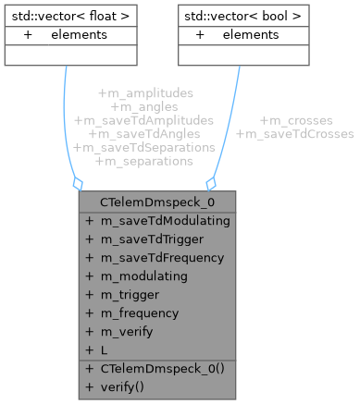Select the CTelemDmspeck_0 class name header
(144, 202)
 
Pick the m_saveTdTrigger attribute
(147, 239)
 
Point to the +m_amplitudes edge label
(144, 93)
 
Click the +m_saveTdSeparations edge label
(144, 147)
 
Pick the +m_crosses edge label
(295, 120)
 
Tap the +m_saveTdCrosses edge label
(295, 134)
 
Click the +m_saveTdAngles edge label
(144, 134)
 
